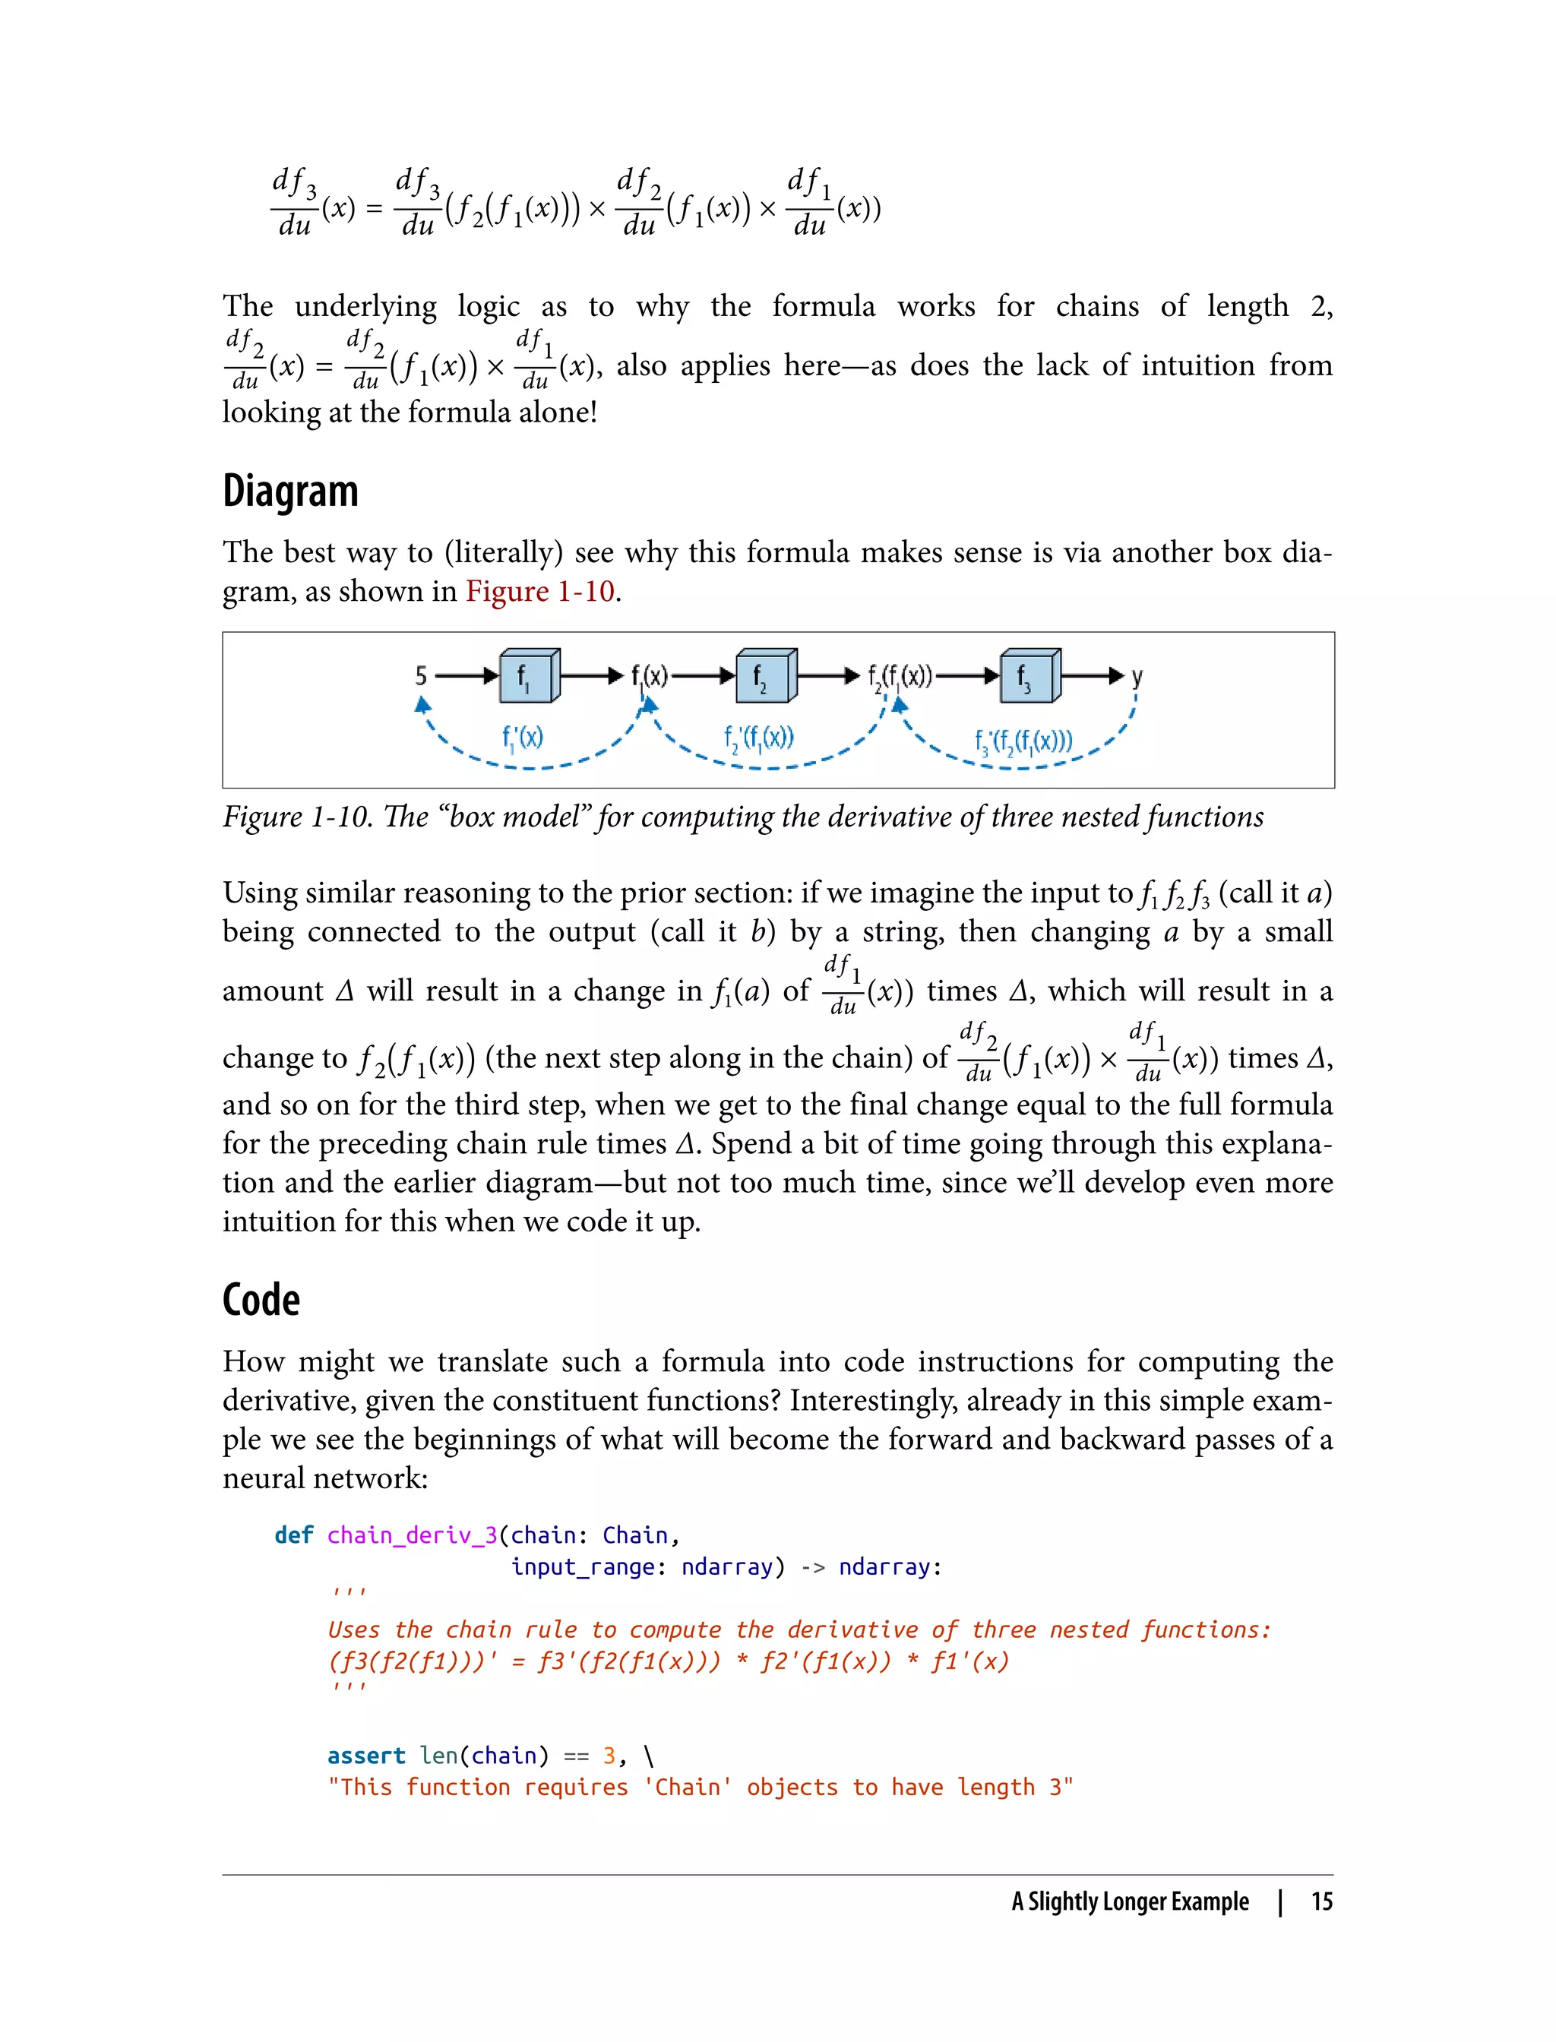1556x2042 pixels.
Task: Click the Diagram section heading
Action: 290,492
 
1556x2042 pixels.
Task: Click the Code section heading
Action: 261,1301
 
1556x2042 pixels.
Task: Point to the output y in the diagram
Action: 1137,676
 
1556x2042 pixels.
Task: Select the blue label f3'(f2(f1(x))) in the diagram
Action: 1023,741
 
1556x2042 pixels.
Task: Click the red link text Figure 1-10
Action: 540,591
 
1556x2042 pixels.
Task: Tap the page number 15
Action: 1322,1901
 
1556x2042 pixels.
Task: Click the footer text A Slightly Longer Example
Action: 1129,1901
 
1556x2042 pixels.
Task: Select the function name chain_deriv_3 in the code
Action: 412,1535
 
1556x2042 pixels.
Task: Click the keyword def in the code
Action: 293,1535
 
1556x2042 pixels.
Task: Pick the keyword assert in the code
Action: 366,1756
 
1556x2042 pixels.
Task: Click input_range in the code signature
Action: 583,1567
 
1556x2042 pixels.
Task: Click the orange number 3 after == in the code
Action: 609,1756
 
